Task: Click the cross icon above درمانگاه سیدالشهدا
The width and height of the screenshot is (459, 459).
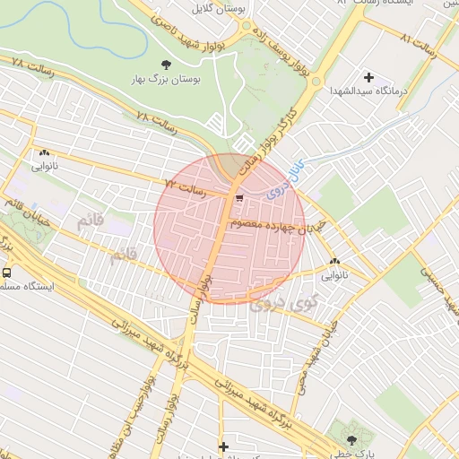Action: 368,77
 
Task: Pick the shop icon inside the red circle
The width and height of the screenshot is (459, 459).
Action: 238,199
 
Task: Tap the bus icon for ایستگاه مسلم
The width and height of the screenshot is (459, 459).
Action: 7,273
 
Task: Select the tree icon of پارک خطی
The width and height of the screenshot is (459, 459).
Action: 351,440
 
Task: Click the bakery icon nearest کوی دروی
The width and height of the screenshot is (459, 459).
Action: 334,261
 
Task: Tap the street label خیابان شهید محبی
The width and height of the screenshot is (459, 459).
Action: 312,349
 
